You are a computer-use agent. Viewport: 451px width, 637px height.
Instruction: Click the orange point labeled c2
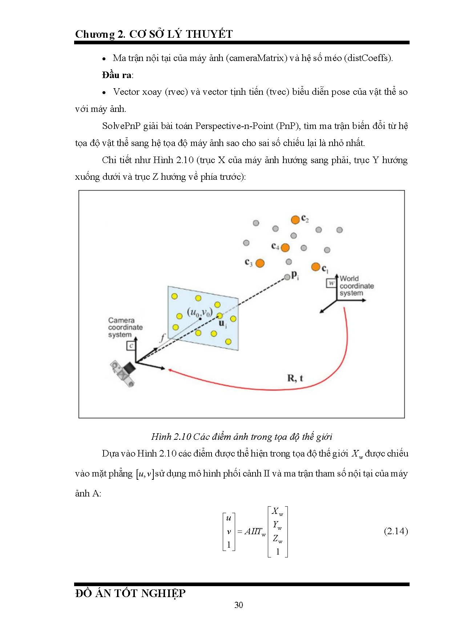[x=295, y=220]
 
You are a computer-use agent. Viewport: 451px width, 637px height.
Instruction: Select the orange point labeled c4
[x=285, y=248]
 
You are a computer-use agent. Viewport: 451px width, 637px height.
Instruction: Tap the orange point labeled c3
[x=260, y=263]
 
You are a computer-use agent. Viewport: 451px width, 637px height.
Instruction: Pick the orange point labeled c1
[x=315, y=267]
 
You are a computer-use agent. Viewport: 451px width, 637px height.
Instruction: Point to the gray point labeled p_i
[x=287, y=277]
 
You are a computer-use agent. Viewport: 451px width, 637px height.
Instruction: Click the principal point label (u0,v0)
[x=200, y=312]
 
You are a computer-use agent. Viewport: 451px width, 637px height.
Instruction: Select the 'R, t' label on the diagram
[x=295, y=378]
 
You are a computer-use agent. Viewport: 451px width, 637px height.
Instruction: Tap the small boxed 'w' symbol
[x=331, y=283]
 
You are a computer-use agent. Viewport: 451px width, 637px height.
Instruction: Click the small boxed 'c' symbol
[x=131, y=346]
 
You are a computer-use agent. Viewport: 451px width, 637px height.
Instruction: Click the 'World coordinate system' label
[x=356, y=286]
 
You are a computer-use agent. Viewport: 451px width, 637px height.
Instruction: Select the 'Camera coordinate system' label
[x=125, y=327]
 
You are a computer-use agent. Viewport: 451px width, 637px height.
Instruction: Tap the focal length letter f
[x=162, y=338]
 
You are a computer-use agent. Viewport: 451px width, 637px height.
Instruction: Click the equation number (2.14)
[x=396, y=531]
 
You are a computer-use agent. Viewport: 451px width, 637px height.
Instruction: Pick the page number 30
[x=239, y=605]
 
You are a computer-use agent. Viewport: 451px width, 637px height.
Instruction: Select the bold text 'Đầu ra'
[x=117, y=75]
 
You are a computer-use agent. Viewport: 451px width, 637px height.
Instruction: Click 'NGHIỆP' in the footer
[x=163, y=593]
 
